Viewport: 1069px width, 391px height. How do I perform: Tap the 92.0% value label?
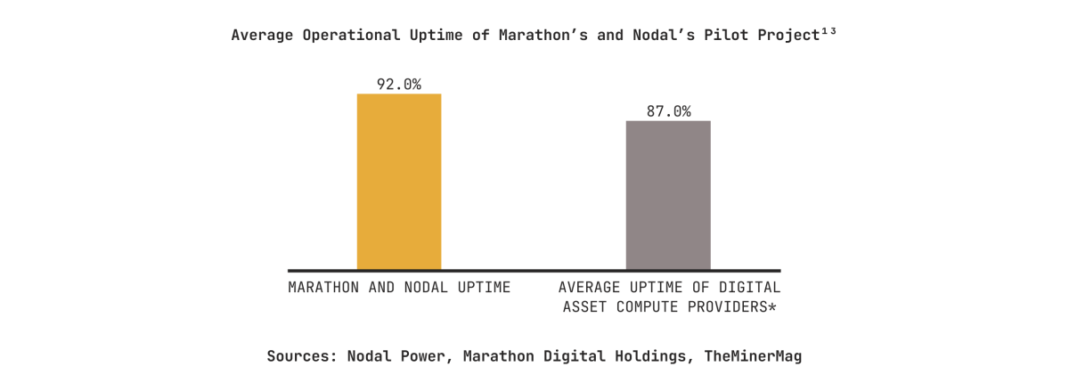tap(399, 85)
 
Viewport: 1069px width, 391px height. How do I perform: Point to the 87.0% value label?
tap(668, 111)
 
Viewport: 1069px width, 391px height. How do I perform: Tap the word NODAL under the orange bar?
tap(413, 288)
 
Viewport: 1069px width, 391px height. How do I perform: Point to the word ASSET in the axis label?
tap(584, 307)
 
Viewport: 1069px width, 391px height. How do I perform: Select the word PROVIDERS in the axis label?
tap(729, 307)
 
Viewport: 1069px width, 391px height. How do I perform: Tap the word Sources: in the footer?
tap(298, 356)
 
